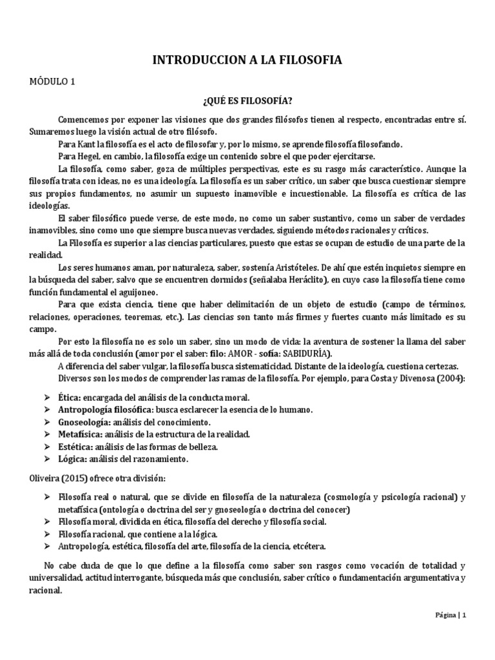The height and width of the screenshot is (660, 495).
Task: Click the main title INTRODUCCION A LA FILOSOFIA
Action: (247, 60)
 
